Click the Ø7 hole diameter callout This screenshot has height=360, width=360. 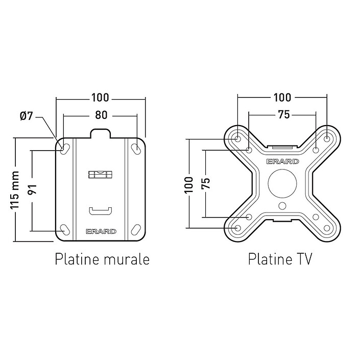pyautogui.click(x=27, y=116)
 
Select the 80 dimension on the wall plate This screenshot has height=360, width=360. pyautogui.click(x=101, y=115)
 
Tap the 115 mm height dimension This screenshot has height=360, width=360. pyautogui.click(x=14, y=190)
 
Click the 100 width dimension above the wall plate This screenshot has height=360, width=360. pyautogui.click(x=100, y=98)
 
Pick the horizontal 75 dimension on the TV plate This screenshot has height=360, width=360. pyautogui.click(x=284, y=114)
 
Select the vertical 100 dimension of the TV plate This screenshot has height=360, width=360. pyautogui.click(x=189, y=185)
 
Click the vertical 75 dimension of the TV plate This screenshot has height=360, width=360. pyautogui.click(x=206, y=183)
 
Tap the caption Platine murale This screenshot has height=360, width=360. pyautogui.click(x=102, y=259)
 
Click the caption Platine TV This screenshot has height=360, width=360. pyautogui.click(x=280, y=259)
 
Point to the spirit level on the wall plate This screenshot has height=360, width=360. pyautogui.click(x=100, y=174)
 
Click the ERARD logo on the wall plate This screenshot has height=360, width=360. pyautogui.click(x=101, y=231)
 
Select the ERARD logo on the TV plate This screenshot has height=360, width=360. pyautogui.click(x=282, y=161)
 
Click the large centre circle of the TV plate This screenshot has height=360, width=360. pyautogui.click(x=282, y=183)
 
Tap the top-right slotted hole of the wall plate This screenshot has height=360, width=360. pyautogui.click(x=136, y=149)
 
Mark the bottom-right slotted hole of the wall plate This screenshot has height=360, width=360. pyautogui.click(x=136, y=230)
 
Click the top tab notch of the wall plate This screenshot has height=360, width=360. pyautogui.click(x=101, y=134)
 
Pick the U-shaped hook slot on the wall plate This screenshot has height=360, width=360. pyautogui.click(x=100, y=211)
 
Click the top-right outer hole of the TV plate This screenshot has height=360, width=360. pyautogui.click(x=327, y=139)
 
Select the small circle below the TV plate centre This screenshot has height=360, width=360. pyautogui.click(x=282, y=205)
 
